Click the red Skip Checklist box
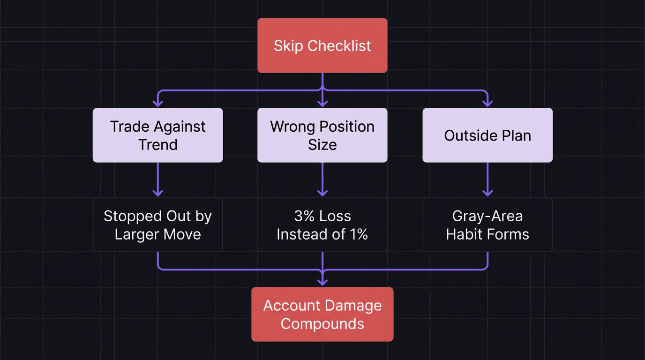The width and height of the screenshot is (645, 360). tap(322, 45)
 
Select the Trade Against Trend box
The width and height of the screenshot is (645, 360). tap(157, 135)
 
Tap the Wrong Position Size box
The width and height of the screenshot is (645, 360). tap(322, 135)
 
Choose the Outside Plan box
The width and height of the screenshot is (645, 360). tap(487, 135)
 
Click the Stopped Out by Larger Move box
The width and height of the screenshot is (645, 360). tap(157, 225)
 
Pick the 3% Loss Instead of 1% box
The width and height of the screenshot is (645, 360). tap(322, 225)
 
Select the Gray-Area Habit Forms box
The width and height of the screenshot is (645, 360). tap(487, 225)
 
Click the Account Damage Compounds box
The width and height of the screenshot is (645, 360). tap(322, 315)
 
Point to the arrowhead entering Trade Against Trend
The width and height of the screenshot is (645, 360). tap(158, 103)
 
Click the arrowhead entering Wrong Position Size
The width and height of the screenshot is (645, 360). tap(322, 103)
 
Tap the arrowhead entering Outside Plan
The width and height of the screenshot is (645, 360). tap(487, 103)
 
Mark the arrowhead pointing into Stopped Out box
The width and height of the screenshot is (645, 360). tap(158, 193)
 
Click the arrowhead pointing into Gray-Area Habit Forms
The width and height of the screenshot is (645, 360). tap(487, 193)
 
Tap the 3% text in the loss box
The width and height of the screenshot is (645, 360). tap(303, 216)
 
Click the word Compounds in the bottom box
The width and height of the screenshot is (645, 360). tap(322, 324)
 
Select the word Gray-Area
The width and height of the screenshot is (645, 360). tap(487, 216)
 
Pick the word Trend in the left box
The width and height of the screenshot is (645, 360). tap(157, 145)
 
